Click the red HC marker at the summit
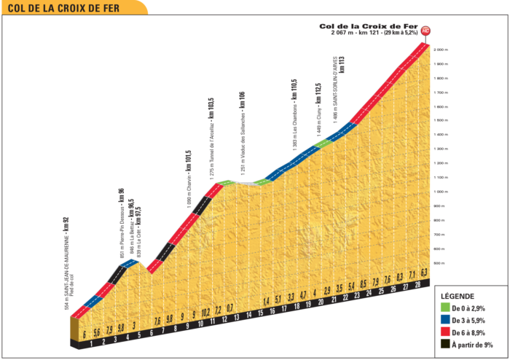tap(425, 31)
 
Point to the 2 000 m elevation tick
tap(441, 50)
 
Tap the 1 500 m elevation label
tap(441, 120)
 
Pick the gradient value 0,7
tap(229, 309)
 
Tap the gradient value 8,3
tap(399, 276)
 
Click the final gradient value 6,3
tap(423, 273)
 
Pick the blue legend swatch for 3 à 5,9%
tap(444, 320)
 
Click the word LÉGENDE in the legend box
tap(458, 297)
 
